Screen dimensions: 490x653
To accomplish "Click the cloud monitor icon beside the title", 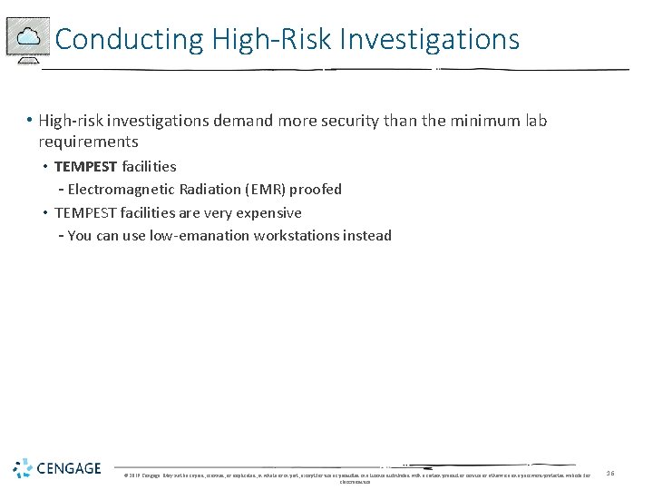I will click(28, 38).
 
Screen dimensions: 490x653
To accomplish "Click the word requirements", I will click(88, 142).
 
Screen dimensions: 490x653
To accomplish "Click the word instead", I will click(367, 236).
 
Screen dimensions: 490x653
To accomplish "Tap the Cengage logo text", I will click(69, 468).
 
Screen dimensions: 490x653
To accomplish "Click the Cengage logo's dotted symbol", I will click(22, 468).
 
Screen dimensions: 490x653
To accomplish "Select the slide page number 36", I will click(610, 473).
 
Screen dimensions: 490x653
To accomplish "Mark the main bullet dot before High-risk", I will click(30, 121).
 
